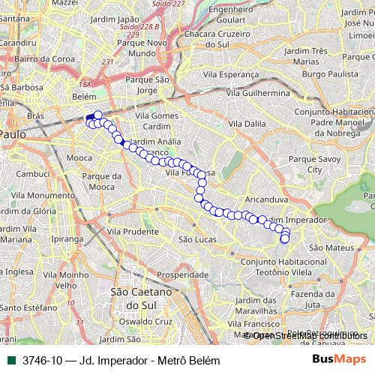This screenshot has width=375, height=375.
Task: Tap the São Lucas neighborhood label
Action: [x=197, y=239]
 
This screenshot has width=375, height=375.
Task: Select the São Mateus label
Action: [x=326, y=247]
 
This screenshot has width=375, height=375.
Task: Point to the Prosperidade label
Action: [x=182, y=275]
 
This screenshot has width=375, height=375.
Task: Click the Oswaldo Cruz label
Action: [x=147, y=321]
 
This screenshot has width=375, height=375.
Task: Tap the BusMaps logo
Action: [x=339, y=360]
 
